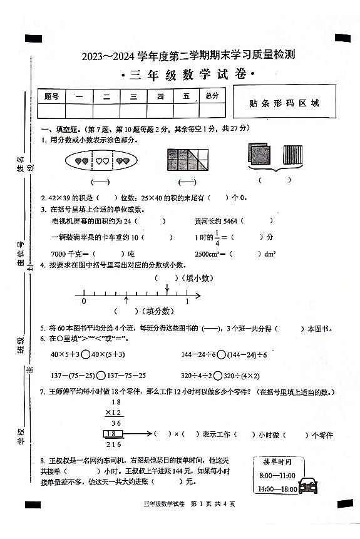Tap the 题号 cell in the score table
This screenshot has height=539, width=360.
[x=52, y=96]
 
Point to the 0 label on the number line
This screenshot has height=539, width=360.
[x=84, y=301]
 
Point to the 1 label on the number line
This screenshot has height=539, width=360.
[x=187, y=301]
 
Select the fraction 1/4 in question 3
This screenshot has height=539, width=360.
[x=218, y=237]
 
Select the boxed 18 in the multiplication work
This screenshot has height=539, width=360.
[x=114, y=433]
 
